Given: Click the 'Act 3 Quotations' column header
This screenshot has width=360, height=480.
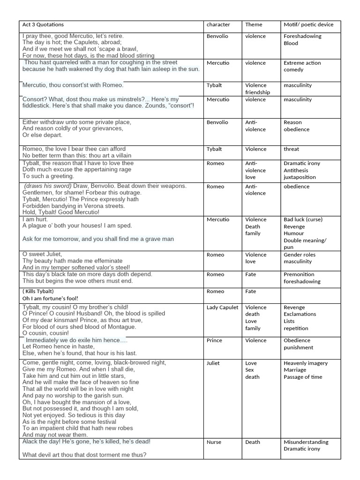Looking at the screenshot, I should tap(43, 24).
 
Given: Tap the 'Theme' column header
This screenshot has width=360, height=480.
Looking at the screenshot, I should tap(254, 24).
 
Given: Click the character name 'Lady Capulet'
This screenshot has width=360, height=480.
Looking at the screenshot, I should tap(222, 307).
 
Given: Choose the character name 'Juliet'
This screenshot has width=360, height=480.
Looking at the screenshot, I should tap(213, 363).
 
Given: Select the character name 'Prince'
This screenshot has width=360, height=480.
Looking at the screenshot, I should tap(214, 341).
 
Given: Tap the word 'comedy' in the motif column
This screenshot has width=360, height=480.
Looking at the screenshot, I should tap(293, 70).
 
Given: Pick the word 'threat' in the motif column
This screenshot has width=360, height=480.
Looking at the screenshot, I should tap(291, 149).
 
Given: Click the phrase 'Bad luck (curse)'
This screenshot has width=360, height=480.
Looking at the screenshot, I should tap(303, 219).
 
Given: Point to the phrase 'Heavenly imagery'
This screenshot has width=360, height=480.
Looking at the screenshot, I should tap(306, 363).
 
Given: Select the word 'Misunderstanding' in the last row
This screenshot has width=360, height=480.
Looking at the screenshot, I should tap(306, 442).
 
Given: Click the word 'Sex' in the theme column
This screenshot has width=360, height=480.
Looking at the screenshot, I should tap(250, 370).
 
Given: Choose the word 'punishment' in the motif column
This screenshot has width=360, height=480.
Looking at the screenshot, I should tap(299, 348).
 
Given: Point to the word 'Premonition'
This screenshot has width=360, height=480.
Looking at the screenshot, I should tap(299, 275).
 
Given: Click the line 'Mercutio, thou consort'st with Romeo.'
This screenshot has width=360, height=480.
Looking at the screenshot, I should tap(73, 85).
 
